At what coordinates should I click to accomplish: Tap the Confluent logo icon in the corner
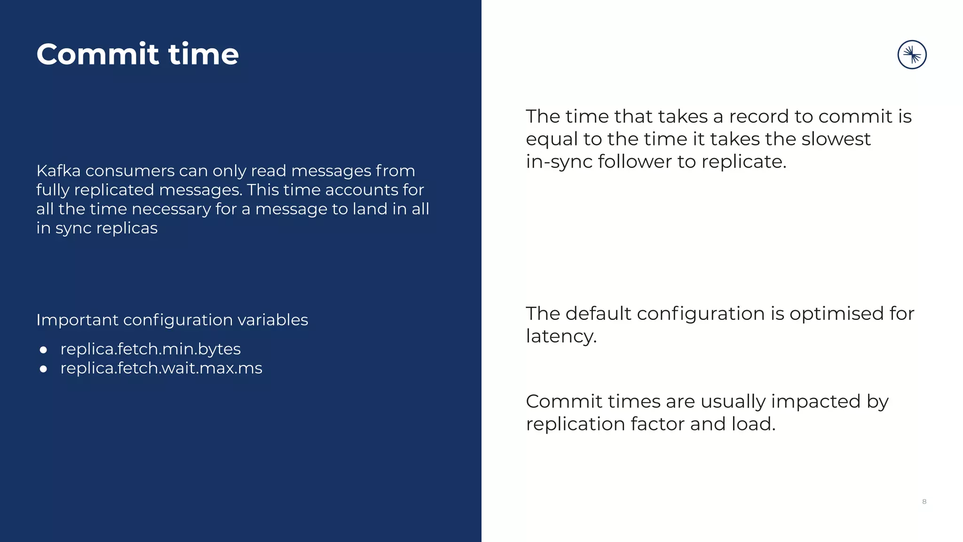pyautogui.click(x=912, y=55)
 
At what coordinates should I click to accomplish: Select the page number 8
pyautogui.click(x=924, y=502)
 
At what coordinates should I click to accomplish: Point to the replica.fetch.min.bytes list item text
pyautogui.click(x=150, y=349)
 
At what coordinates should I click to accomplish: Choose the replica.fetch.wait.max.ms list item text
pyautogui.click(x=161, y=368)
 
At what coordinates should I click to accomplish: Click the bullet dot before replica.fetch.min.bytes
pyautogui.click(x=44, y=350)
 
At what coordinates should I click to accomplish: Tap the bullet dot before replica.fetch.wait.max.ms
pyautogui.click(x=44, y=369)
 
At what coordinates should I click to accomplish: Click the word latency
pyautogui.click(x=561, y=336)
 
